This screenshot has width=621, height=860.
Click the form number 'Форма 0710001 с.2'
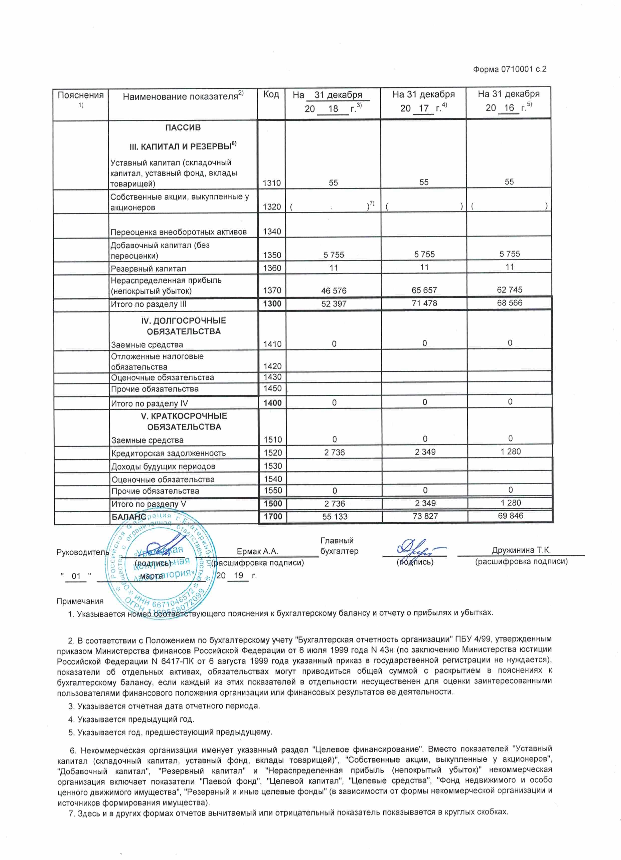coord(510,69)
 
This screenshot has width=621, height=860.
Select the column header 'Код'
coord(271,94)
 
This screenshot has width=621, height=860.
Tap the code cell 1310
coord(272,183)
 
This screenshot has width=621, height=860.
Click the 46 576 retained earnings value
coord(334,291)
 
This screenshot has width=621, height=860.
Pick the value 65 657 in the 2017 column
coord(424,290)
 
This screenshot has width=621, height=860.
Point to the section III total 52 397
coord(334,304)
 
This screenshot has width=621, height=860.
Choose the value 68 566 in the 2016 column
coord(510,303)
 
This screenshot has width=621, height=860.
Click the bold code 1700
coord(273,516)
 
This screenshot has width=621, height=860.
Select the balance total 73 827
coord(425,516)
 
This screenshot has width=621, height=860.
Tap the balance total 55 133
coord(335,516)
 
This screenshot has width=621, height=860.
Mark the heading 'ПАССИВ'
coord(183,128)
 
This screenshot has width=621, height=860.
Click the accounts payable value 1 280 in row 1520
coord(511,452)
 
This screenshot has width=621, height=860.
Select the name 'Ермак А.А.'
coord(257,551)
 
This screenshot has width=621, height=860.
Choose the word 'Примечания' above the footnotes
coord(80,601)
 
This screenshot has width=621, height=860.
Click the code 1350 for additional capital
coord(272,255)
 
